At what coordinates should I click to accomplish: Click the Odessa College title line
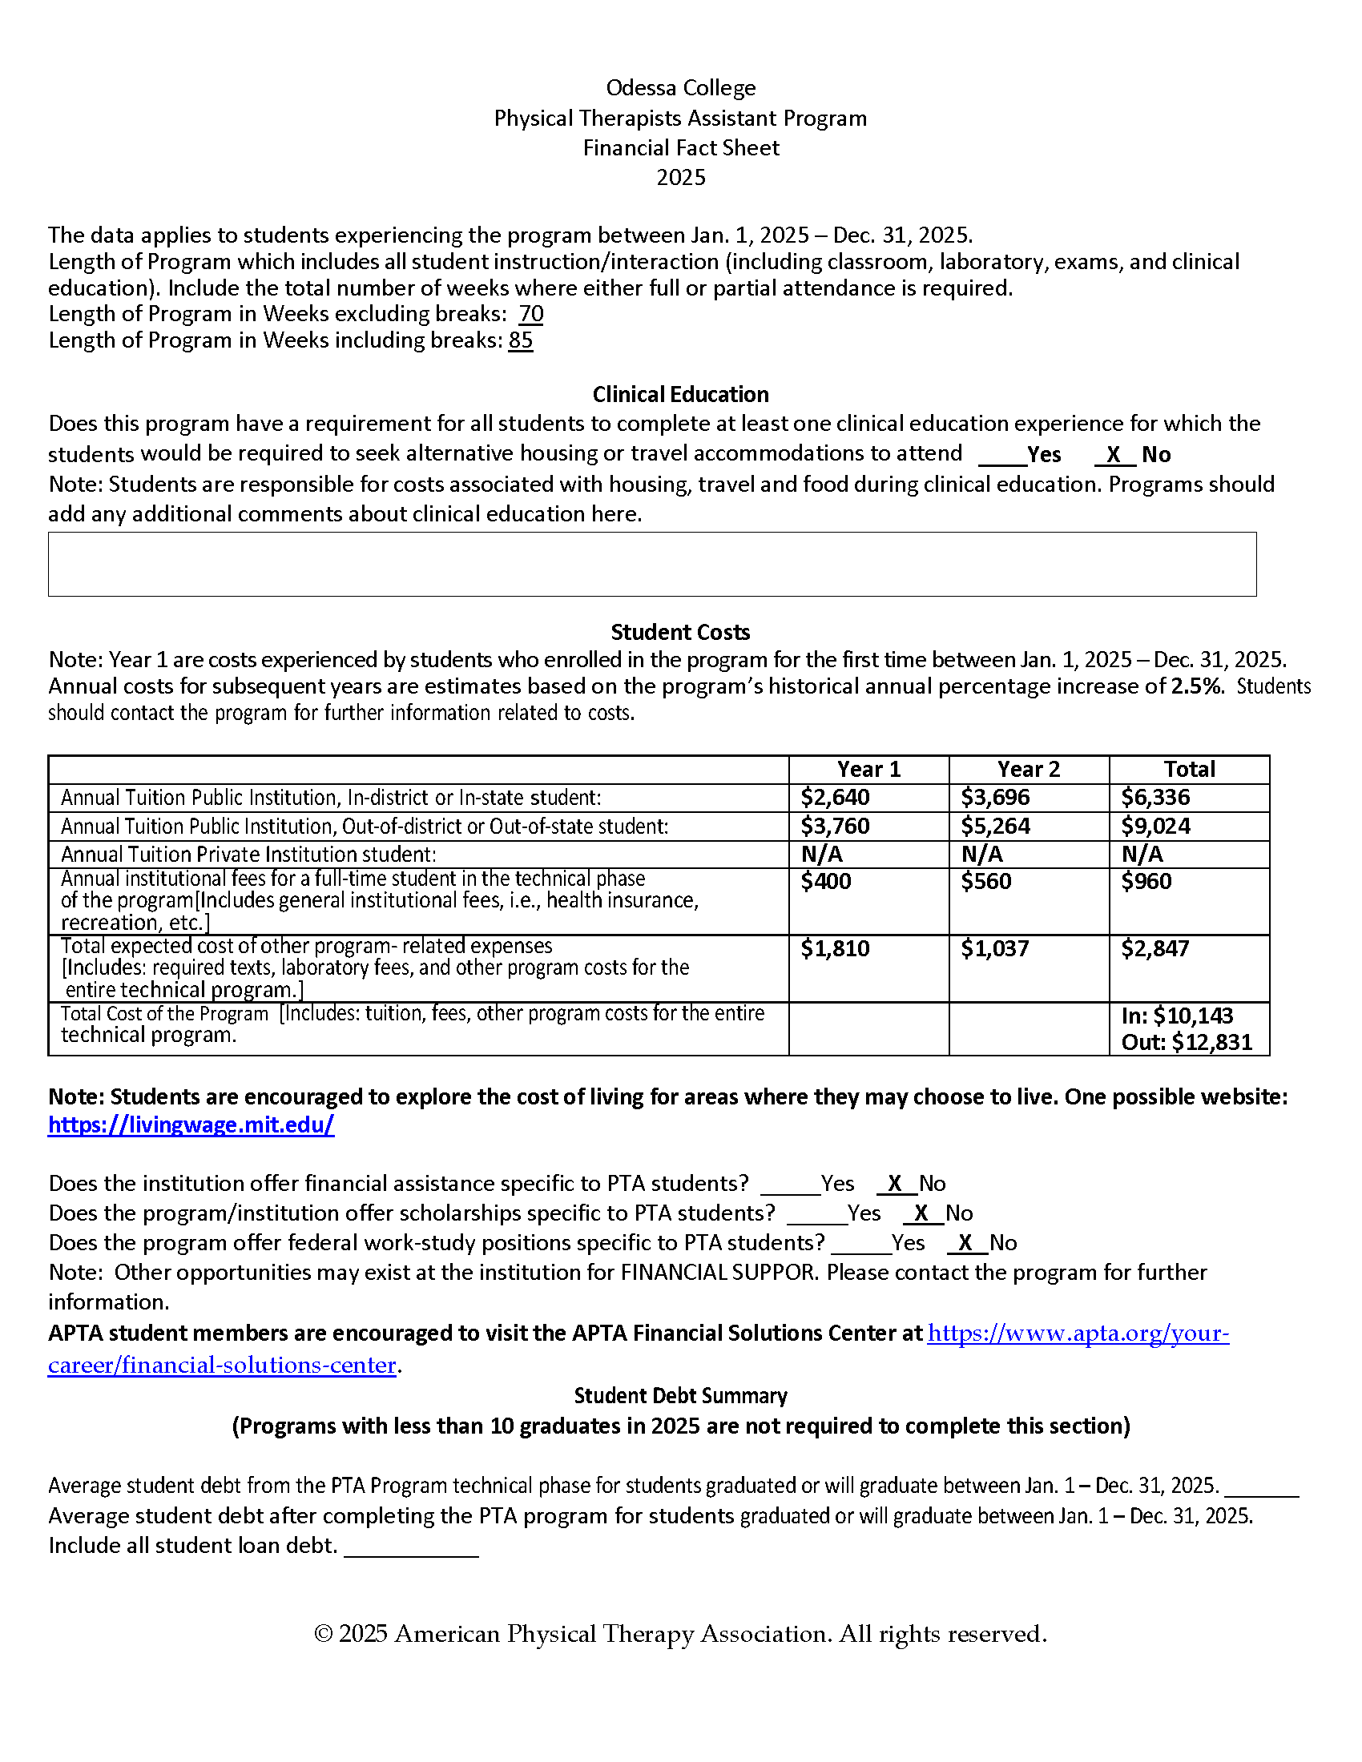(x=680, y=88)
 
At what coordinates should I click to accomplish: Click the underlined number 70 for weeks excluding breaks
(x=531, y=314)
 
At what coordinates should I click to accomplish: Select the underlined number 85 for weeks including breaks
(x=521, y=340)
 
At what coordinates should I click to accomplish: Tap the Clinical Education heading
(x=680, y=395)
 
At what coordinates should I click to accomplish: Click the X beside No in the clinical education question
(x=1114, y=455)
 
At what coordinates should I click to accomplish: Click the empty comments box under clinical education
(x=652, y=564)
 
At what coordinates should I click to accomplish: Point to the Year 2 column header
(x=1028, y=770)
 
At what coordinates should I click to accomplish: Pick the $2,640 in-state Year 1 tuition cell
(x=835, y=798)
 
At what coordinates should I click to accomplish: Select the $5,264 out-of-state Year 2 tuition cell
(x=995, y=827)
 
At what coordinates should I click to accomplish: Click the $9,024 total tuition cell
(x=1155, y=827)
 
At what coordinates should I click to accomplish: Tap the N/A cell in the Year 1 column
(x=821, y=855)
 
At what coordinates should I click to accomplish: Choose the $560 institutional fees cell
(x=986, y=882)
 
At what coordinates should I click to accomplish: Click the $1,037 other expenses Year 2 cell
(x=995, y=949)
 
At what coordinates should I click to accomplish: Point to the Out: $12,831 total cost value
(x=1186, y=1042)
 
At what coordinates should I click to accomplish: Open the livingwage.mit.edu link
(x=191, y=1124)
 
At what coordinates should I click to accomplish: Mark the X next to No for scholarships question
(x=921, y=1213)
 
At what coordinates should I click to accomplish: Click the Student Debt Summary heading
(x=680, y=1396)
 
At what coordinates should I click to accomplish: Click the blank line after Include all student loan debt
(x=411, y=1548)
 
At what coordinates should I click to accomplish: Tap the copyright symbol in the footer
(x=323, y=1635)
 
